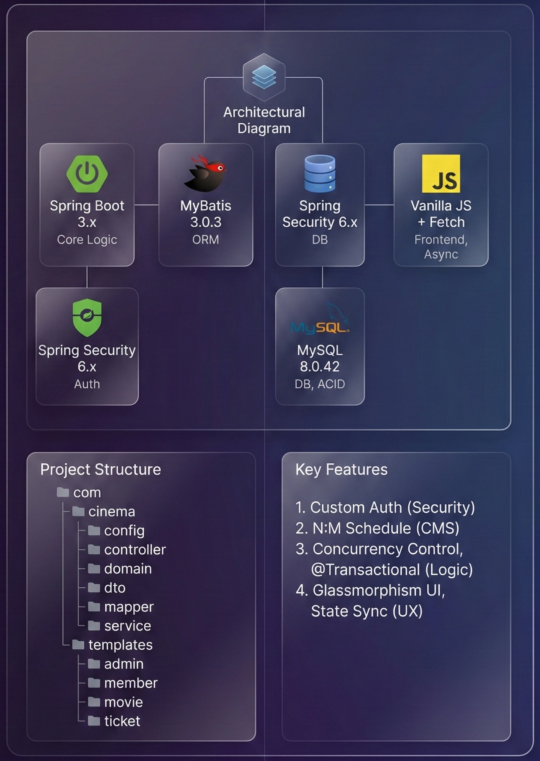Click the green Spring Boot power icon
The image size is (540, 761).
pyautogui.click(x=87, y=173)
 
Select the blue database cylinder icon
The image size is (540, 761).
pyautogui.click(x=320, y=173)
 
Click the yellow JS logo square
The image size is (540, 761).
pyautogui.click(x=441, y=174)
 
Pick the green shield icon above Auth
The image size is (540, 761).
pyautogui.click(x=87, y=317)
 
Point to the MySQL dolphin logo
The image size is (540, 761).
pyautogui.click(x=320, y=320)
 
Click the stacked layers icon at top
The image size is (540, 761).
pyautogui.click(x=264, y=77)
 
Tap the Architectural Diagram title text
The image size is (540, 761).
pyautogui.click(x=264, y=120)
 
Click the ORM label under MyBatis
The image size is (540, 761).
pyautogui.click(x=206, y=240)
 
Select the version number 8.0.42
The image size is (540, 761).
pyautogui.click(x=319, y=367)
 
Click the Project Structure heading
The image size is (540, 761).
pyautogui.click(x=101, y=469)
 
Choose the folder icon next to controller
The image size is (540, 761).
pyautogui.click(x=94, y=549)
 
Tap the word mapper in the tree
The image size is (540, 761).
pyautogui.click(x=129, y=607)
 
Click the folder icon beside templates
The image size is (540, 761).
pyautogui.click(x=78, y=645)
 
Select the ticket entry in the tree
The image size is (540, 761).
pyautogui.click(x=122, y=721)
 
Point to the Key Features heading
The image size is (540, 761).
pyautogui.click(x=341, y=469)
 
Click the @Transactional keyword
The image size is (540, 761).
pyautogui.click(x=366, y=570)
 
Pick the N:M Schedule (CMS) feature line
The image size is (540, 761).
pyautogui.click(x=377, y=528)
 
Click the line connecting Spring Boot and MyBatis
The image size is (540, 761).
pyautogui.click(x=146, y=205)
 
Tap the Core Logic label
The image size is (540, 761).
pyautogui.click(x=87, y=240)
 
